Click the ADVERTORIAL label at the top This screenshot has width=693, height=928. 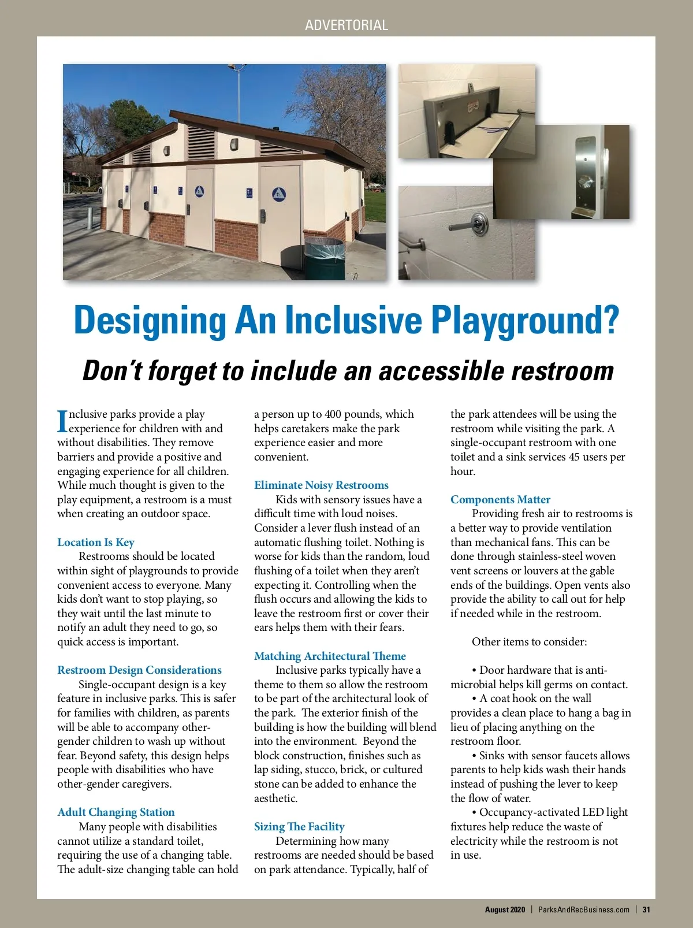coord(346,25)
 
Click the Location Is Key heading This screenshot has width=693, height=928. coord(96,542)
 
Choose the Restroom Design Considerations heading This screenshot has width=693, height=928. coord(139,670)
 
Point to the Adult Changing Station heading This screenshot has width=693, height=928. coord(115,812)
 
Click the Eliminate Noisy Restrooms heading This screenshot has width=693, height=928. coord(321,485)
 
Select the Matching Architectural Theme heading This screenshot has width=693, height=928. coord(330,656)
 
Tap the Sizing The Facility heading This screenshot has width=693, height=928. coord(299,827)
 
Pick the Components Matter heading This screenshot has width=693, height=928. coord(500,500)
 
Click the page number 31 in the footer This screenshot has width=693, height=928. coord(646,910)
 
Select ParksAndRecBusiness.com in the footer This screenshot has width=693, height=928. coord(583,910)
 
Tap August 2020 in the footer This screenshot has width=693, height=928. coord(505,910)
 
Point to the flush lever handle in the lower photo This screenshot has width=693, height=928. coord(462,228)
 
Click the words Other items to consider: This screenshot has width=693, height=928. coord(529,642)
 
